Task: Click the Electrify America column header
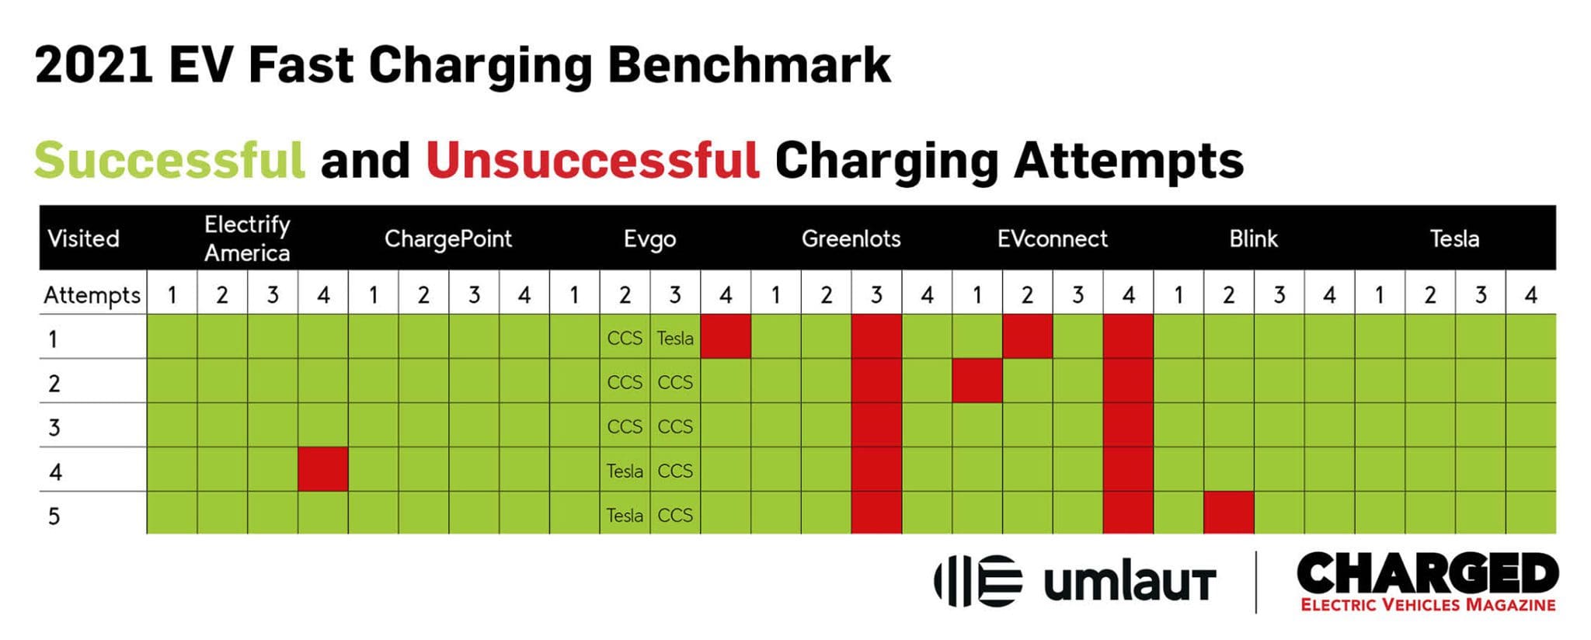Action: [x=247, y=238]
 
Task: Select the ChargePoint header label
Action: [x=447, y=238]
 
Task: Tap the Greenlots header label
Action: [x=851, y=238]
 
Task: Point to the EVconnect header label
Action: [x=1052, y=238]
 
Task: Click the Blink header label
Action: [x=1253, y=238]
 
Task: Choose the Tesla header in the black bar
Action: [x=1454, y=238]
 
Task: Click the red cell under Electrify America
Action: [x=323, y=469]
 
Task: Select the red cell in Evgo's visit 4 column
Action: [x=726, y=336]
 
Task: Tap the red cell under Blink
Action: [x=1228, y=513]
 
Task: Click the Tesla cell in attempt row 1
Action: [x=674, y=338]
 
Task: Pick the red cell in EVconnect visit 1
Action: [x=977, y=381]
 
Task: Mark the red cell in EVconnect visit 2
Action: [x=1027, y=336]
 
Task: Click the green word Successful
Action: [x=169, y=160]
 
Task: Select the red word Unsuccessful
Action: [x=592, y=160]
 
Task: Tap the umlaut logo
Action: [x=1075, y=581]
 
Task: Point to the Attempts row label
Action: [x=92, y=295]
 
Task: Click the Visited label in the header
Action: [x=83, y=238]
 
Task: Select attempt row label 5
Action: [x=54, y=516]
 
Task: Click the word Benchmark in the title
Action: [x=749, y=65]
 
